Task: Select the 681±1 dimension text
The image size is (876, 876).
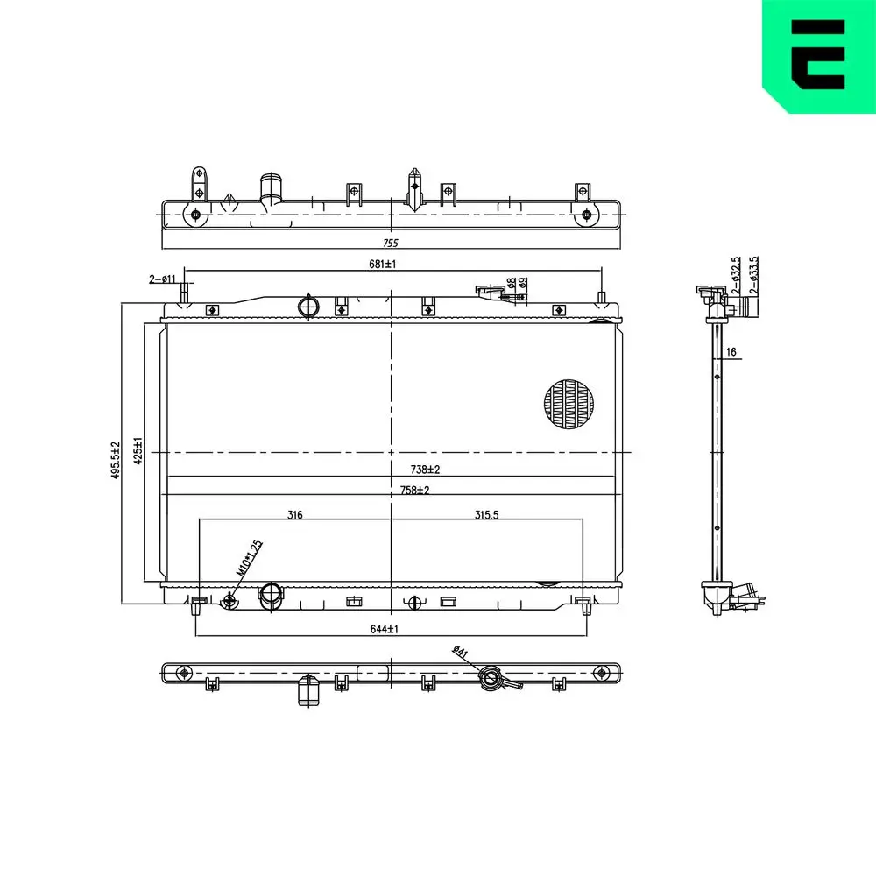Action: pos(383,264)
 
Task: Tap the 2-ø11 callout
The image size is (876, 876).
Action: pos(163,279)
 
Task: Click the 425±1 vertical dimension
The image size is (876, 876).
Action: pos(138,452)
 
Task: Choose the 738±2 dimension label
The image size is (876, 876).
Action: pos(425,470)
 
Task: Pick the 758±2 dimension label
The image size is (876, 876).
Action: pos(413,490)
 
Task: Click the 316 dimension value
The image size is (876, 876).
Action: pos(295,515)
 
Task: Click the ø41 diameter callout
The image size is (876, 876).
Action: pos(460,653)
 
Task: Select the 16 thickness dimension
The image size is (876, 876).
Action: pos(731,352)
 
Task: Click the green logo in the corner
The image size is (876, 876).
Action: pos(819,54)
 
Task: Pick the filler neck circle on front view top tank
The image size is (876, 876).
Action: pos(308,307)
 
